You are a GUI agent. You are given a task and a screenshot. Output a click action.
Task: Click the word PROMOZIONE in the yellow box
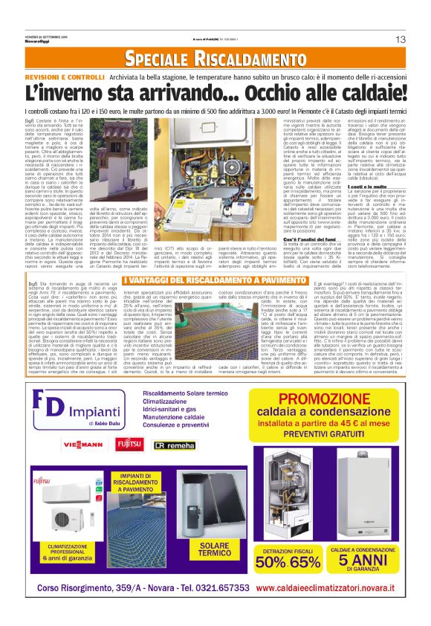coord(320,398)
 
